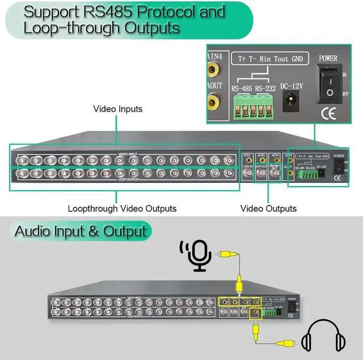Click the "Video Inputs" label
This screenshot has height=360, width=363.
pyautogui.click(x=118, y=108)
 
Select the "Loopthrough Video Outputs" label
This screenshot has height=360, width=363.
pyautogui.click(x=122, y=208)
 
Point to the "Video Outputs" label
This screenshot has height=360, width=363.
pyautogui.click(x=268, y=208)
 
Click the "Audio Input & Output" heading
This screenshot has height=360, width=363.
pyautogui.click(x=81, y=231)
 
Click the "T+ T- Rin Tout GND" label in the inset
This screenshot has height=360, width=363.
pyautogui.click(x=263, y=59)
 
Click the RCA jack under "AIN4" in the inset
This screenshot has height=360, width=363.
pyautogui.click(x=215, y=70)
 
